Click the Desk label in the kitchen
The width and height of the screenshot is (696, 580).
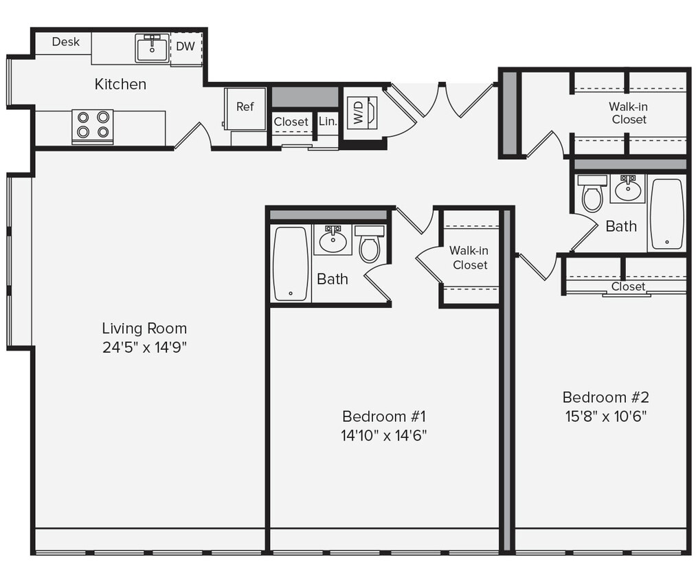[x=66, y=42]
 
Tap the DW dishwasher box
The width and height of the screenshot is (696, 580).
[x=186, y=47]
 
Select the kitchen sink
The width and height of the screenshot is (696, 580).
[x=152, y=48]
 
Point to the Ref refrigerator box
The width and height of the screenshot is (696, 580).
[x=245, y=107]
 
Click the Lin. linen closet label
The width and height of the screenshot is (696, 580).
[x=328, y=122]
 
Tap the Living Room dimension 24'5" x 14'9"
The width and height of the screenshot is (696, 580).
[x=144, y=347]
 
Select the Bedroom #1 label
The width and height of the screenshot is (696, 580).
[x=384, y=416]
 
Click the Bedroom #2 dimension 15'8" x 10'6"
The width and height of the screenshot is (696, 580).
[x=605, y=415]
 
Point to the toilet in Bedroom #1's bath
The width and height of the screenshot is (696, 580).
[x=370, y=245]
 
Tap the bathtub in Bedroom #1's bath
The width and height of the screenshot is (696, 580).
[x=291, y=264]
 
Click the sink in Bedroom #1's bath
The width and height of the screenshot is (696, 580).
[x=333, y=240]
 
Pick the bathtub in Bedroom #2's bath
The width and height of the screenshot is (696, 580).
[x=666, y=214]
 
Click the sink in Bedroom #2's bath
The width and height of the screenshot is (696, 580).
[x=628, y=188]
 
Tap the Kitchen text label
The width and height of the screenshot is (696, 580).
[x=120, y=84]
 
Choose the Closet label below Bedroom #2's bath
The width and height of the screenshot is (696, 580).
[x=628, y=286]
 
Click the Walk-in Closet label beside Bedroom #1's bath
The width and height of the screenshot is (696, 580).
[x=470, y=258]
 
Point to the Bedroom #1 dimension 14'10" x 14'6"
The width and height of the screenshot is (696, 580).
[x=384, y=435]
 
